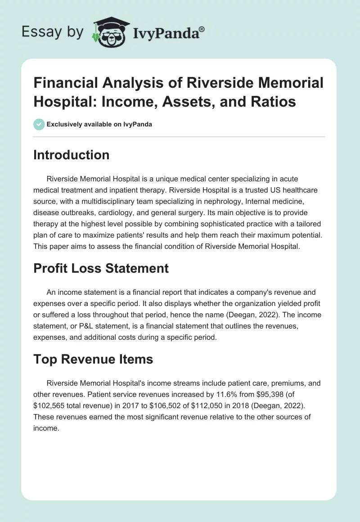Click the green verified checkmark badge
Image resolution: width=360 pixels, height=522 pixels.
point(39,124)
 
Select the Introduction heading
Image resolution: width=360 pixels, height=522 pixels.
point(72,155)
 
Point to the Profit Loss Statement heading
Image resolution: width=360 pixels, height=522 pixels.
point(101,268)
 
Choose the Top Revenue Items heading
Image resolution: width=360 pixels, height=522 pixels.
point(94,359)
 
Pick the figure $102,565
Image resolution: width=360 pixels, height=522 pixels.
point(51,405)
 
